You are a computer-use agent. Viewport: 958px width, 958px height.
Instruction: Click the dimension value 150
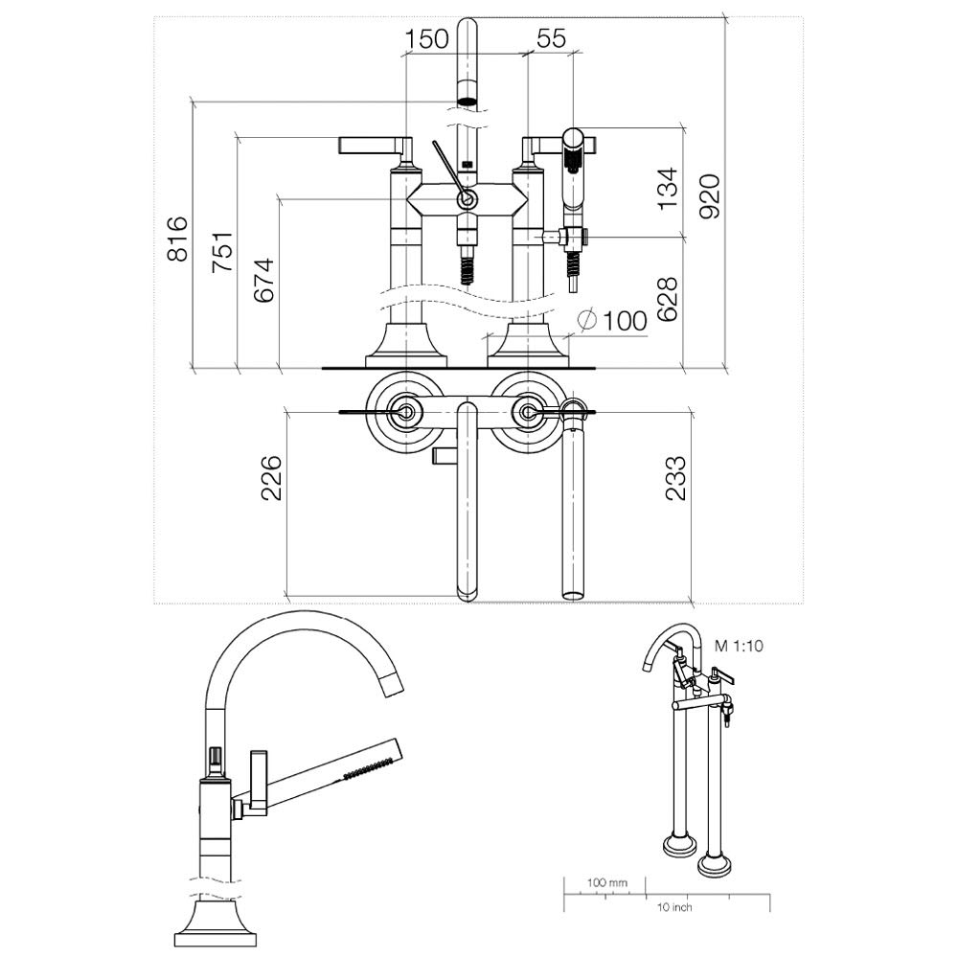point(427,38)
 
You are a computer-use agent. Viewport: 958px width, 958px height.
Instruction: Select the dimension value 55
point(551,38)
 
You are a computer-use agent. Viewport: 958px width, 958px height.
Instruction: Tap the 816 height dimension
point(178,239)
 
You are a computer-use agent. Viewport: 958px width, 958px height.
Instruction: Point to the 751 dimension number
point(221,252)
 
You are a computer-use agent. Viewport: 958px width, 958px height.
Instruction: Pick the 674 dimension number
point(264,281)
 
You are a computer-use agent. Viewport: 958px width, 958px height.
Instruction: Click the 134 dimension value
point(668,188)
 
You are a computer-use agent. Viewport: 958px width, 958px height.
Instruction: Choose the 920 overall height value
point(710,196)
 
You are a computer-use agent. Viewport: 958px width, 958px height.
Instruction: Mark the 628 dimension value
point(668,299)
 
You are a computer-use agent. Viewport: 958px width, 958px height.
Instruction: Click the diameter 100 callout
point(613,320)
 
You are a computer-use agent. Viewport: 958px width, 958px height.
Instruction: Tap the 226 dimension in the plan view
point(272,478)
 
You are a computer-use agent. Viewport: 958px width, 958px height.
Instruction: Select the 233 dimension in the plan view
point(676,478)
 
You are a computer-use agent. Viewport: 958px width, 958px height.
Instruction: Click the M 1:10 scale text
point(739,646)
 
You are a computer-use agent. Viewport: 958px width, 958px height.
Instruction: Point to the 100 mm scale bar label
point(607,882)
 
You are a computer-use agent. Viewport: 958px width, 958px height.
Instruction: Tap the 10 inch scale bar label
point(674,907)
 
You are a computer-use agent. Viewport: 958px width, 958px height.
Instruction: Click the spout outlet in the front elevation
point(468,101)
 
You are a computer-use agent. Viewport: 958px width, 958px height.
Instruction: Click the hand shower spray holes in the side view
point(368,767)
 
